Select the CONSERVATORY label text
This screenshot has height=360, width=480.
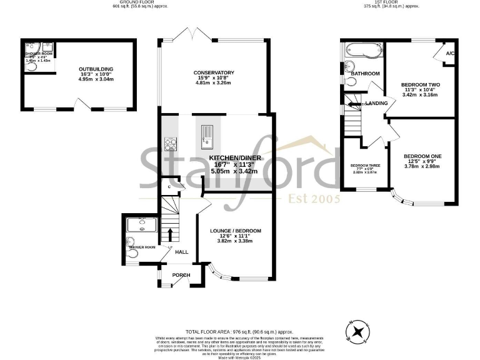pos(214,72)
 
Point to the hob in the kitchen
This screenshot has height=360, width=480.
pos(169,144)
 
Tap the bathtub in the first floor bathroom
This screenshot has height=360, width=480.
pos(361,50)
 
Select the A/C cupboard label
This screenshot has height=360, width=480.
pos(449,53)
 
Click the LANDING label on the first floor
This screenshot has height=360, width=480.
pos(377,103)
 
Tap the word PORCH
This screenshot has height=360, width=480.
pos(181,275)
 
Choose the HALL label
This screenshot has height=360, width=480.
pos(181,252)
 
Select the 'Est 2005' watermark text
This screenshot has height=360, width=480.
pos(314,199)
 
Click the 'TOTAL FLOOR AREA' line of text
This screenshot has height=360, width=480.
pos(240,331)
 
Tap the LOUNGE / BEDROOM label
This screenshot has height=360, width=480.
pos(235,231)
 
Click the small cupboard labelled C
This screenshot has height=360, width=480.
pos(169,186)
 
